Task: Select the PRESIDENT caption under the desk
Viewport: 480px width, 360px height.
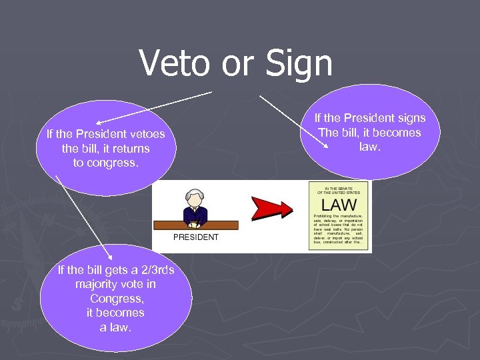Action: click(x=196, y=237)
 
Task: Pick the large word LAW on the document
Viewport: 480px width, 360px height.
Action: click(x=339, y=205)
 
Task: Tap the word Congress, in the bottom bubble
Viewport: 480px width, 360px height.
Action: click(x=116, y=299)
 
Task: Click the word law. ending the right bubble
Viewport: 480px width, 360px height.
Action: click(x=369, y=146)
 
